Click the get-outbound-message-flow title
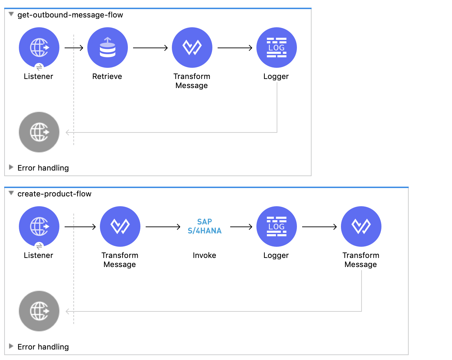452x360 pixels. (70, 15)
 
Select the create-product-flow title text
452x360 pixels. (54, 194)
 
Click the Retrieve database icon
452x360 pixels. (108, 48)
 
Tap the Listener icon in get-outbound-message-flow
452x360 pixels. (39, 48)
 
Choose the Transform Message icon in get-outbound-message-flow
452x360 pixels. (192, 48)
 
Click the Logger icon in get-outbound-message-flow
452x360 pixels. (277, 48)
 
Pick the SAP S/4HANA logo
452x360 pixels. (205, 226)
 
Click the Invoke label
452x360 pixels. (204, 255)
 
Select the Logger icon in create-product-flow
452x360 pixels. (277, 226)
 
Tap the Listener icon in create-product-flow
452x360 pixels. (39, 226)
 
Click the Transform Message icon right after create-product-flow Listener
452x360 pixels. (120, 226)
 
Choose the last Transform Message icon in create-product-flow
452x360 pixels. (361, 226)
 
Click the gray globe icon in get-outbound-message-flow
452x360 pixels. (39, 132)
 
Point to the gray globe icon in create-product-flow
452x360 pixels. (39, 311)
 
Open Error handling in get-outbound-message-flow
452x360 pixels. (43, 168)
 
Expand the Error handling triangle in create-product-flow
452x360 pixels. (11, 346)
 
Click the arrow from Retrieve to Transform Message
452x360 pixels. (150, 48)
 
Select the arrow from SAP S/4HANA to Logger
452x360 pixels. (241, 227)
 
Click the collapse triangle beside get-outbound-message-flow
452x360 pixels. (11, 14)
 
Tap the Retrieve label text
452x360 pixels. (107, 77)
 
